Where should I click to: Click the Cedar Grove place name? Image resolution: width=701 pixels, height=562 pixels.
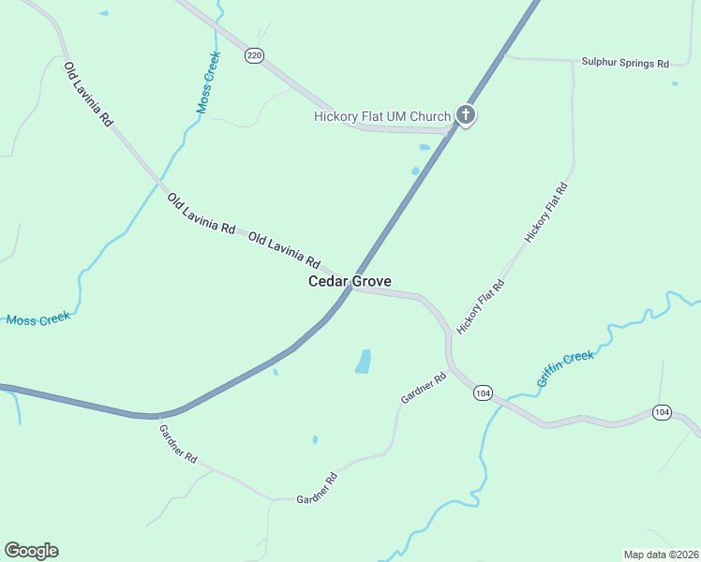coord(350,281)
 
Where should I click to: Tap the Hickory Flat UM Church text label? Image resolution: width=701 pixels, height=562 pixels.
coord(381,117)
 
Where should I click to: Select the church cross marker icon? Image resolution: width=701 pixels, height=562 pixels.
coord(466,115)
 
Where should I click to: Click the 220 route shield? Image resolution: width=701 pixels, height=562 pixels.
coord(254,56)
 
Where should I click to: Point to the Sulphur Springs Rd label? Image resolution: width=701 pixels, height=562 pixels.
coord(625,64)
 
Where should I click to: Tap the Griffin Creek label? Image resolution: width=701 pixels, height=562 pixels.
coord(565,369)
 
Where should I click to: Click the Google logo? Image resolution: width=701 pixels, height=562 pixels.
coord(31,551)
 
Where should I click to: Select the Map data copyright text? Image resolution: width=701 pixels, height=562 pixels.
coord(661,554)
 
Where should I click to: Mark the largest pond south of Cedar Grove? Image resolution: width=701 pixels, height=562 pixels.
coord(364,361)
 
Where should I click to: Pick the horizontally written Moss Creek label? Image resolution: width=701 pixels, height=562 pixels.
coord(38,319)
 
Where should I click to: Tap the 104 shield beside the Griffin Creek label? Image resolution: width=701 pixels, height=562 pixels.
coord(483,393)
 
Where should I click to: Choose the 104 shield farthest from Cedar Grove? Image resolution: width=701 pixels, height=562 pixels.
coord(662,412)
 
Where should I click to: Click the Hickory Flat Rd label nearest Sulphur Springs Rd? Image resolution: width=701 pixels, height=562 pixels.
coord(546,214)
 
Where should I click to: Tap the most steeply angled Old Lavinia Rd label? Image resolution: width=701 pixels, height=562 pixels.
coord(88,94)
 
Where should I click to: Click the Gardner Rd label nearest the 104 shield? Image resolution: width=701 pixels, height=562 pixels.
coord(424,389)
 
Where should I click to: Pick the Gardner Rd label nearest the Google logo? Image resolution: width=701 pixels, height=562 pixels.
coord(178,446)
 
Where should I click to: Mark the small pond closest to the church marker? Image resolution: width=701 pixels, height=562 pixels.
coord(425,147)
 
